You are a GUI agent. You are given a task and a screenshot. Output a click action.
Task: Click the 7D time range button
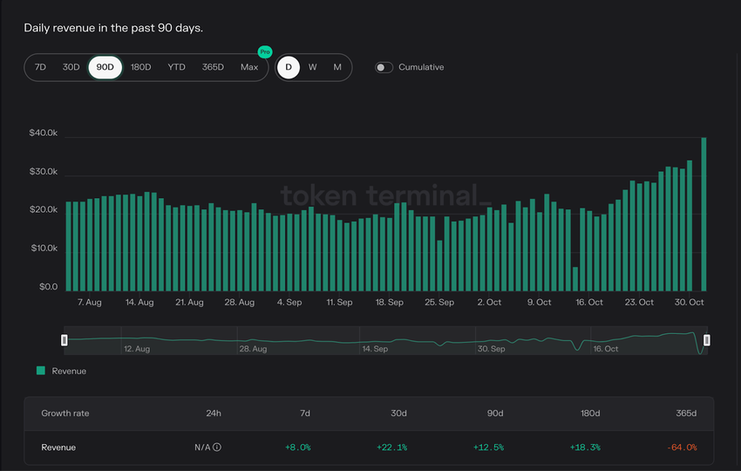click(40, 67)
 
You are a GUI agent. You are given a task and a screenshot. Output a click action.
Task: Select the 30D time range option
click(71, 67)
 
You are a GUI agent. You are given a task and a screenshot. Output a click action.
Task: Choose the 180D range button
click(140, 67)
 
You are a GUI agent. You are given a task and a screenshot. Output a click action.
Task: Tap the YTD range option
click(176, 67)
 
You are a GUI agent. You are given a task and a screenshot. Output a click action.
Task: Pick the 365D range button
click(213, 67)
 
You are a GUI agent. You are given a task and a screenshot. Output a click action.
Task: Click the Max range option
click(249, 67)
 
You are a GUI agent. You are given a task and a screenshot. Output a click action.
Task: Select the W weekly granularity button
click(312, 67)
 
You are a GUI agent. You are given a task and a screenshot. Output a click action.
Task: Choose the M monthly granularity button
click(337, 67)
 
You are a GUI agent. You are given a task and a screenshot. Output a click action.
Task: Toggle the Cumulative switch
click(384, 67)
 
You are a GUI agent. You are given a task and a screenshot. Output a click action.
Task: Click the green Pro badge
click(265, 52)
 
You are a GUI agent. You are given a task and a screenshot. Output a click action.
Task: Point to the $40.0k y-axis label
click(43, 133)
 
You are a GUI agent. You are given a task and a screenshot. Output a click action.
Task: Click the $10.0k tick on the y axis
click(43, 249)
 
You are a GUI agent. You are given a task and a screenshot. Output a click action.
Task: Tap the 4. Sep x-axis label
click(289, 303)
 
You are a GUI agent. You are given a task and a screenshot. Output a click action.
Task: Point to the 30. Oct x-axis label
click(690, 303)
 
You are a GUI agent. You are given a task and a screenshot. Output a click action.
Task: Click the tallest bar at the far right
click(704, 214)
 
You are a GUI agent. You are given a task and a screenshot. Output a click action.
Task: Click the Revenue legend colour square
click(40, 371)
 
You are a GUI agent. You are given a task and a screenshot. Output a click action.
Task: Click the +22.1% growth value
click(391, 447)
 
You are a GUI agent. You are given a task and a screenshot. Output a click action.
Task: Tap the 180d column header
click(589, 413)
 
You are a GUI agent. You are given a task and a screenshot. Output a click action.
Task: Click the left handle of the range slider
click(65, 339)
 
